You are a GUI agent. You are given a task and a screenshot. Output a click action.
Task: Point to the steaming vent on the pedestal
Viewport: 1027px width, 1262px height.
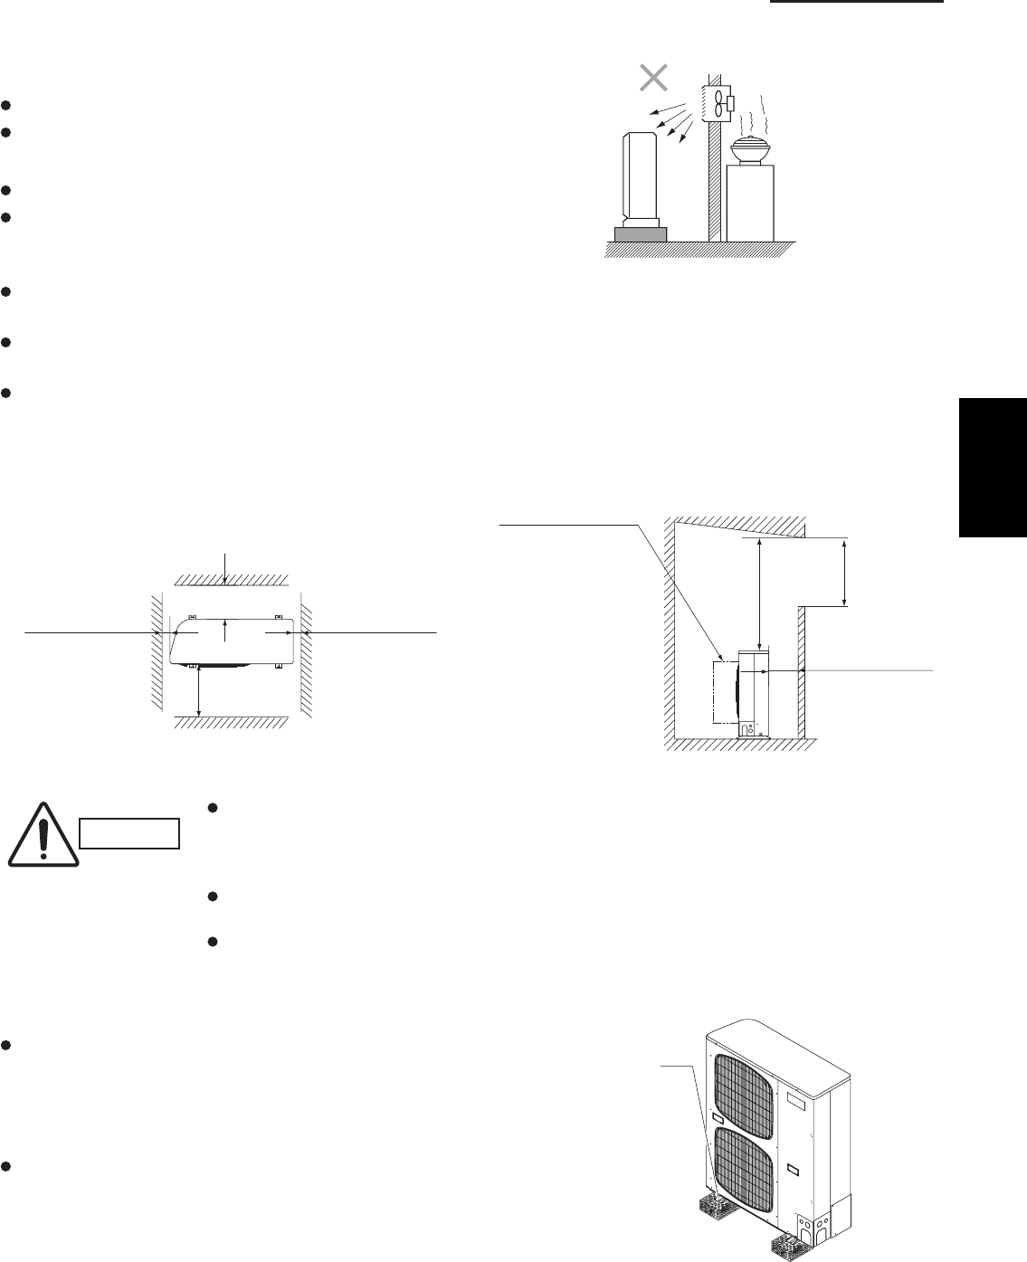750,151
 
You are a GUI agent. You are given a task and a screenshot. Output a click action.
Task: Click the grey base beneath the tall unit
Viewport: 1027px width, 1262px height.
641,234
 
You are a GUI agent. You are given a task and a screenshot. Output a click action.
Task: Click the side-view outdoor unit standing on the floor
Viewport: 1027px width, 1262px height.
754,693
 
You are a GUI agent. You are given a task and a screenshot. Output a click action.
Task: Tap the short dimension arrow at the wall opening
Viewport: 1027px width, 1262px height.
844,572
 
